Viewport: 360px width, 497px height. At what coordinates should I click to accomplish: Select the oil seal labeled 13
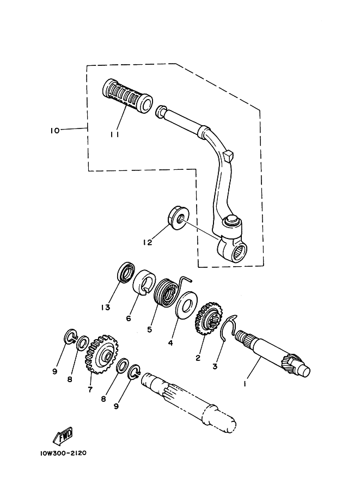(x=126, y=272)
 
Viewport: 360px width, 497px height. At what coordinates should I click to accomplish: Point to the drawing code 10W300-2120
(x=63, y=453)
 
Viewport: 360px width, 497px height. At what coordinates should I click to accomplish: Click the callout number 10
(x=55, y=130)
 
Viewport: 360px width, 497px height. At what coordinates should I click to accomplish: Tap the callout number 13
(x=106, y=307)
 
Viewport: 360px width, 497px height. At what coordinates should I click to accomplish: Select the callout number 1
(x=245, y=384)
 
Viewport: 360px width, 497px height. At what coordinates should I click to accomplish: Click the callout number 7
(x=90, y=390)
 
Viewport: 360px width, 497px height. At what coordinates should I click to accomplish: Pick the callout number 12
(x=148, y=242)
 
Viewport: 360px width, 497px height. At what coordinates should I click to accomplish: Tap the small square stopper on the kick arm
(x=229, y=155)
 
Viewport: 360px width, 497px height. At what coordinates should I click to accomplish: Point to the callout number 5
(x=149, y=329)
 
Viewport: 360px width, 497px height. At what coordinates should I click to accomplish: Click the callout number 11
(x=114, y=134)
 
